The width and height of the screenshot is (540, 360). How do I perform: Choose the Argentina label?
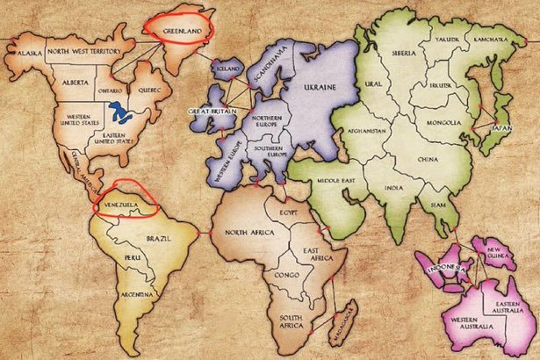[138, 293]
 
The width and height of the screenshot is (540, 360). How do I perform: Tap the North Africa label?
[250, 232]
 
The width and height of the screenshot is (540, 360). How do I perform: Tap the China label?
[428, 160]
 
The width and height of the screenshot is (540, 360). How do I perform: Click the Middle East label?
[335, 182]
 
